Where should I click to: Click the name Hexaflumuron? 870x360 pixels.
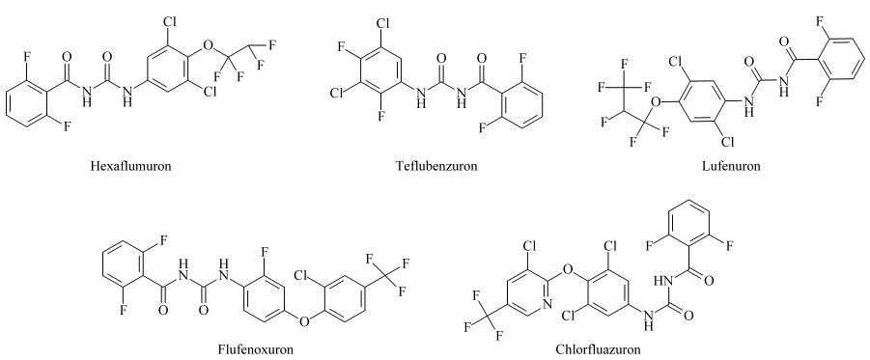131,166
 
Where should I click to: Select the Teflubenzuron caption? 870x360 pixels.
436,166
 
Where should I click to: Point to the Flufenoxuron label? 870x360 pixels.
256,349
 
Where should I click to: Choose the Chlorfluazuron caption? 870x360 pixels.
598,349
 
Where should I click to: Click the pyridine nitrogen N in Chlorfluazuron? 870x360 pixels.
547,304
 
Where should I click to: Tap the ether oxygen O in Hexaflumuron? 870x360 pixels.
208,44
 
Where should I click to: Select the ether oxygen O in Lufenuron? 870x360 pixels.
656,101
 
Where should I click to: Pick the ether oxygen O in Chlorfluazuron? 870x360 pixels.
567,270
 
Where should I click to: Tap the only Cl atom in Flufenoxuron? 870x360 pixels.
302,274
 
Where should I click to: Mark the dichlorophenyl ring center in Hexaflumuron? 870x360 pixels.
169,72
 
